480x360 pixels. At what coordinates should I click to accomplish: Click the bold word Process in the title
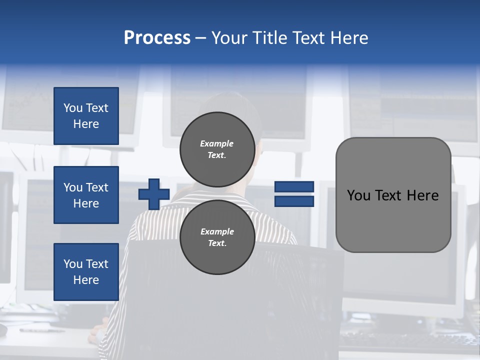click(157, 38)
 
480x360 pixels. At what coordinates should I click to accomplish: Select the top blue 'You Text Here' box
click(86, 116)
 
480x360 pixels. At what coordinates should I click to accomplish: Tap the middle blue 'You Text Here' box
click(86, 195)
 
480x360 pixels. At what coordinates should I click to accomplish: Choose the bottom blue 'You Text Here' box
click(86, 272)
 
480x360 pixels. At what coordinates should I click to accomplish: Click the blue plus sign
click(154, 194)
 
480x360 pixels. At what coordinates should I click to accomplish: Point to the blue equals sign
click(294, 194)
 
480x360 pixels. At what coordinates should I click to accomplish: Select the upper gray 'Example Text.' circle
click(217, 149)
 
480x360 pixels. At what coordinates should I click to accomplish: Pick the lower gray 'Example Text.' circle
click(217, 237)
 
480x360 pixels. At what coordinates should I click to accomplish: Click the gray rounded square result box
click(393, 195)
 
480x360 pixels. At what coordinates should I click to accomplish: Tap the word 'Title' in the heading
click(270, 38)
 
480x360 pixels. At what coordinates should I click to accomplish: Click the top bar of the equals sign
click(294, 186)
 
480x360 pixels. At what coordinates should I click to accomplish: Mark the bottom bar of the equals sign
click(294, 201)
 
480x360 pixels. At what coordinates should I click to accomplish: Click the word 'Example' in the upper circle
click(217, 143)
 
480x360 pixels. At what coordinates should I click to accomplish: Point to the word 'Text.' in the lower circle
click(217, 243)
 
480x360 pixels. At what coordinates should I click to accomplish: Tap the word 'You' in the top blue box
click(72, 108)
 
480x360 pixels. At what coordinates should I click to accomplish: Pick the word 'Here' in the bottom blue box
click(86, 280)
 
